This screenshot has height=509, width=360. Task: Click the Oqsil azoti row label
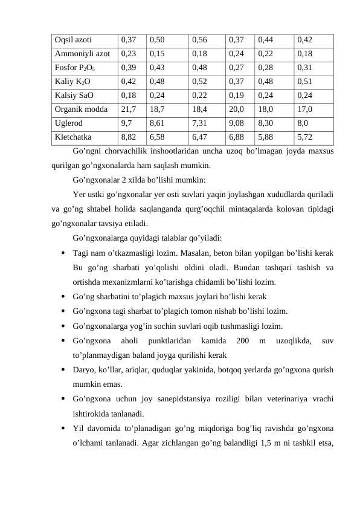coord(72,40)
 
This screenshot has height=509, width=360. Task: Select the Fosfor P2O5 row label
coord(74,67)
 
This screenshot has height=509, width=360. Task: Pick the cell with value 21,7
coord(128,109)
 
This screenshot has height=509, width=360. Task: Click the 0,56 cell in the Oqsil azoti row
coord(199,40)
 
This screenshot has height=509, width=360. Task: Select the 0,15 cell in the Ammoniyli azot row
coord(157,53)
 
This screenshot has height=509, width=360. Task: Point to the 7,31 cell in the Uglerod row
coord(199,123)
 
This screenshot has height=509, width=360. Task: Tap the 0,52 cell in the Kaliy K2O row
coord(199,81)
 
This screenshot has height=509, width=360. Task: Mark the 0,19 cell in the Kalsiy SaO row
coord(237,95)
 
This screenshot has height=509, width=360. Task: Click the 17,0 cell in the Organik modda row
coord(304,109)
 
